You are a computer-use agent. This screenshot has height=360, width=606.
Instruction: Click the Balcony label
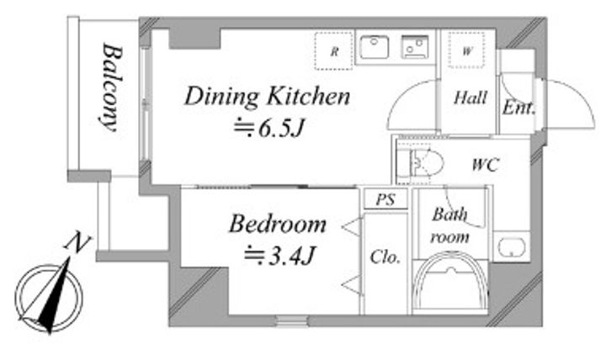click(x=112, y=87)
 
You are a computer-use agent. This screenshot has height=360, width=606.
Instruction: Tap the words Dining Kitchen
click(x=268, y=96)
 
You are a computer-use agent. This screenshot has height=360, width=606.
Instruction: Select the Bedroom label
click(x=278, y=224)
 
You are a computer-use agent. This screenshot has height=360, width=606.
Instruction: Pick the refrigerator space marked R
click(x=333, y=51)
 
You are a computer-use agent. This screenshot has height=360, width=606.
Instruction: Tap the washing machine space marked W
click(x=466, y=50)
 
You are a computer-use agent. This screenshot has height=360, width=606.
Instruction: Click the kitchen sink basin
click(x=374, y=47)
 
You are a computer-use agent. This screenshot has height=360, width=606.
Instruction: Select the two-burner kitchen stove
click(x=415, y=47)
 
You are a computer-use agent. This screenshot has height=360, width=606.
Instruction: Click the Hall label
click(x=470, y=98)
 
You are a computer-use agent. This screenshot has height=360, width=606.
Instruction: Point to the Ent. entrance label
click(x=519, y=108)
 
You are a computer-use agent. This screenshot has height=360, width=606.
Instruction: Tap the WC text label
click(x=486, y=165)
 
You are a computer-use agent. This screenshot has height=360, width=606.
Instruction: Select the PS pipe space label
click(x=385, y=199)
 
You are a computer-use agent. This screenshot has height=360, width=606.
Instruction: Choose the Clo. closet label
click(x=385, y=257)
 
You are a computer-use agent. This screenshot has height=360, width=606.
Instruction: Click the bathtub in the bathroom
click(x=450, y=281)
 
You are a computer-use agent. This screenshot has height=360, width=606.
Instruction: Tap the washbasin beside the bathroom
click(x=511, y=247)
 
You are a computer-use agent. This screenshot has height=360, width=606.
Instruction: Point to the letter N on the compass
click(x=77, y=242)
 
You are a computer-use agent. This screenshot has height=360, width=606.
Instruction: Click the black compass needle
click(x=55, y=297)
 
